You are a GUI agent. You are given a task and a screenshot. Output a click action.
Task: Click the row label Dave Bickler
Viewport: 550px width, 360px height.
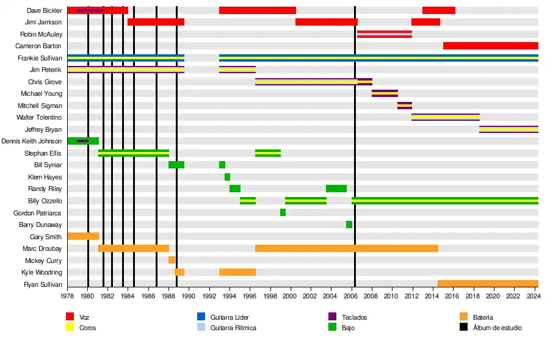tap(45, 10)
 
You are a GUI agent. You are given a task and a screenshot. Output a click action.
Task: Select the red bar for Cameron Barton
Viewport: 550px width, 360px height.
tap(490, 46)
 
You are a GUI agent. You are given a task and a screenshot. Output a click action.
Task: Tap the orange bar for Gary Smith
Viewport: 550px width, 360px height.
tap(83, 236)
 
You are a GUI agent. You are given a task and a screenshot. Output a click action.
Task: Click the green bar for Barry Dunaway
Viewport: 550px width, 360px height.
tap(349, 225)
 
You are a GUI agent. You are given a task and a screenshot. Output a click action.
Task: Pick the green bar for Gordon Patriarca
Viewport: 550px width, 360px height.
tap(283, 212)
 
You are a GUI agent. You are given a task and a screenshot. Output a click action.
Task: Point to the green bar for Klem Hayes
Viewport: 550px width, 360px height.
tap(227, 177)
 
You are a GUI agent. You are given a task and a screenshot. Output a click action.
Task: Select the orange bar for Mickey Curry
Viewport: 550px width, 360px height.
tap(172, 260)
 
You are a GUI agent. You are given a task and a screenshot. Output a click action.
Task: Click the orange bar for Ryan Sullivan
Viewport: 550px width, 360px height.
tap(488, 283)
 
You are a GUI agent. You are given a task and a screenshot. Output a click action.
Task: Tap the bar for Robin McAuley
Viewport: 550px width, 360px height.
tap(385, 34)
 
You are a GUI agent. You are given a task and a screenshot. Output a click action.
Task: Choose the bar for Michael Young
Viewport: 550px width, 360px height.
tap(385, 93)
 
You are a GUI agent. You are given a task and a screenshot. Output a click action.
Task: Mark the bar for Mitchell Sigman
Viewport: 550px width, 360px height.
tap(405, 106)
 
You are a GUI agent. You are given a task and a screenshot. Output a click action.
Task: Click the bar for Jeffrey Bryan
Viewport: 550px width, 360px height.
tap(508, 129)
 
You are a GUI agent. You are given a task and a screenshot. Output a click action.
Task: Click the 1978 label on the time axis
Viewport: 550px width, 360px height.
tap(68, 296)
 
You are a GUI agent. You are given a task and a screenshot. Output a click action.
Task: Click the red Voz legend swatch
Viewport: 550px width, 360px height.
tap(70, 317)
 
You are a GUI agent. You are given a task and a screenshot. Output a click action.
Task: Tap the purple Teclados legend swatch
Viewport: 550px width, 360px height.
tap(333, 317)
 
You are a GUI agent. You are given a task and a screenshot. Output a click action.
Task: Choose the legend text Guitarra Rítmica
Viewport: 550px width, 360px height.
tap(233, 328)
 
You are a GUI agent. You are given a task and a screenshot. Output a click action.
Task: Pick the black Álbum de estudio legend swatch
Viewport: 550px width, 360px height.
tap(463, 328)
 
